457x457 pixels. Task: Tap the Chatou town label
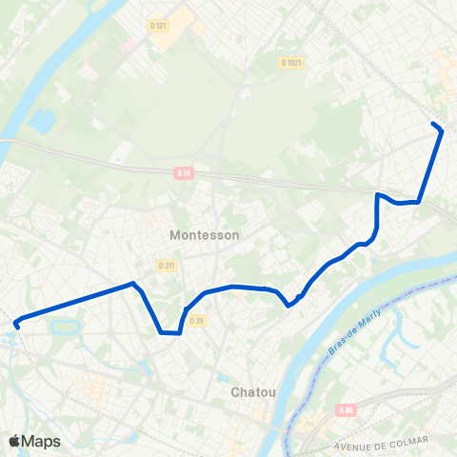point(253,391)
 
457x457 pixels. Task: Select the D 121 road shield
point(159,26)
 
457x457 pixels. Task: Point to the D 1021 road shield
point(291,63)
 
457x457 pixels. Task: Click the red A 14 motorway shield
point(184,172)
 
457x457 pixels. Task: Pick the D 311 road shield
point(167,266)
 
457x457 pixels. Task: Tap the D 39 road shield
point(197,321)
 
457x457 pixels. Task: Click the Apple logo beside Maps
point(14,441)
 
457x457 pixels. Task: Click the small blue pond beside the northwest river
point(42,122)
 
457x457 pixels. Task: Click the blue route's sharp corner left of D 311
point(133,283)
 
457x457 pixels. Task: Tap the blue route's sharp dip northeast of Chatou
point(288,306)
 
